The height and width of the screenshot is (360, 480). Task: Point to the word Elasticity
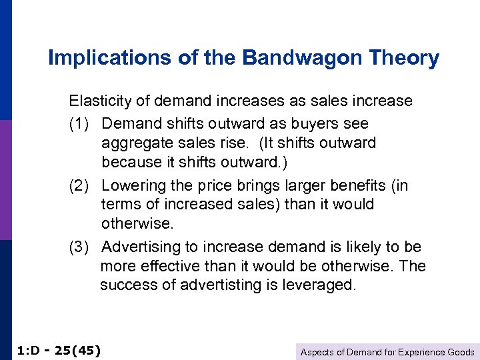pos(99,101)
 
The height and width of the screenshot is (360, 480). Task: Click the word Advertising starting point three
pos(141,247)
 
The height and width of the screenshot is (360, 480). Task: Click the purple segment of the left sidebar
pos(5,180)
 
